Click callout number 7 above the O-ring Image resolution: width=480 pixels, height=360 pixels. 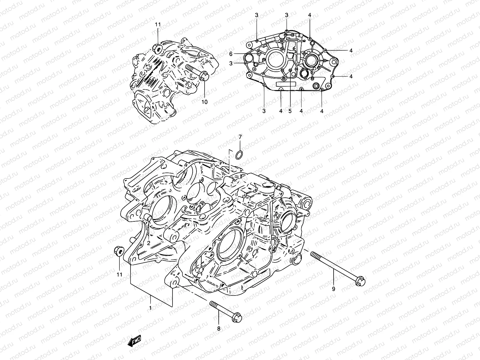pos(240,137)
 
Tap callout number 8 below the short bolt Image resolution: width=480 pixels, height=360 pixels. pos(218,328)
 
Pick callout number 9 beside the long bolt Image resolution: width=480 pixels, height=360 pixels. pos(333,289)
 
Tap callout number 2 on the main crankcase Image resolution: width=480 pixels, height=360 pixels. pos(148,243)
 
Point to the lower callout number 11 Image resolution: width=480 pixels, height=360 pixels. pos(119,274)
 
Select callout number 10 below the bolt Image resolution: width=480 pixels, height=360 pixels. pos(204,102)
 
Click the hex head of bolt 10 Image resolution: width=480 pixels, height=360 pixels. pos(204,77)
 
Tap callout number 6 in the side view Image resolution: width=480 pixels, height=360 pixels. pos(239,54)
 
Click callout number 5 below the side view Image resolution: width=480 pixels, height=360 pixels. pos(290,111)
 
